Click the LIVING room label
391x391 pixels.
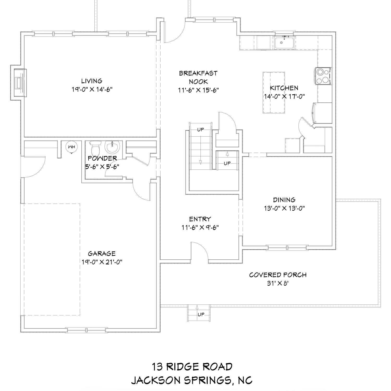point(91,81)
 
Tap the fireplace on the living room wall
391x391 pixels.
point(19,83)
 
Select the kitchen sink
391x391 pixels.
point(284,43)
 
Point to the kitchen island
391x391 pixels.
point(273,93)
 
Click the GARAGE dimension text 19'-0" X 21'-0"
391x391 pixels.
point(102,262)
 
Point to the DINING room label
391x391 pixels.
point(284,200)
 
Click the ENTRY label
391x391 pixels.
point(200,219)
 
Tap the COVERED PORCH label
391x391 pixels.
point(278,275)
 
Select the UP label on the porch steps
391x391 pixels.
point(201,314)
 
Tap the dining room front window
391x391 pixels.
point(287,247)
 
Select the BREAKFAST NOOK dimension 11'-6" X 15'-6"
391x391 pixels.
point(198,90)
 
